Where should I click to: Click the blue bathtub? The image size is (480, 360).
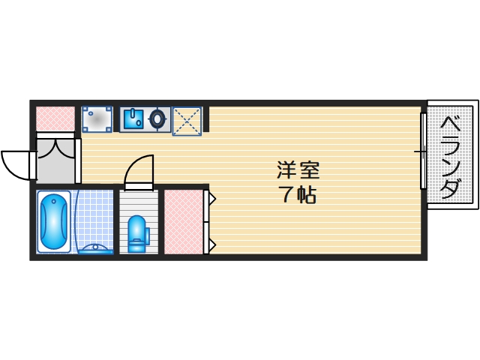click(x=54, y=222)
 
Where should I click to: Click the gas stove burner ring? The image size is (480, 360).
click(x=158, y=118)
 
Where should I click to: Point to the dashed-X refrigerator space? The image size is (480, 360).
click(x=187, y=121)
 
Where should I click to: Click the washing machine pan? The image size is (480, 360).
click(x=97, y=118)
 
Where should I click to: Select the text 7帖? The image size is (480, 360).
click(x=298, y=196)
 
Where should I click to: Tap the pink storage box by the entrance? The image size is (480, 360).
click(x=55, y=117)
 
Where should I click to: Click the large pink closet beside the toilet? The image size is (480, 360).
click(x=183, y=222)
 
